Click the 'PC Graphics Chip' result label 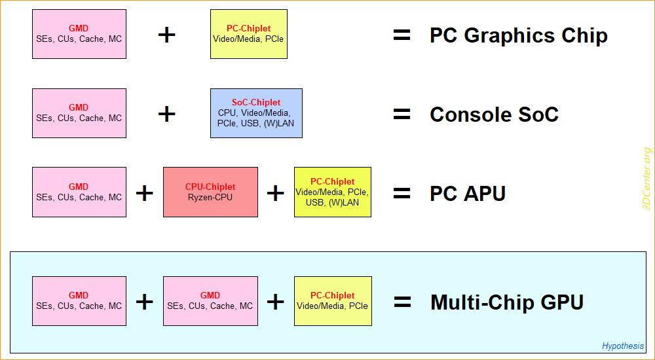[x=518, y=35]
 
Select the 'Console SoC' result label [x=494, y=115]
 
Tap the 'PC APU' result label [x=468, y=193]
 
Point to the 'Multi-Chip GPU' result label [x=506, y=302]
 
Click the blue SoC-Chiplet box [x=256, y=113]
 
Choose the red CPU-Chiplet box [x=210, y=192]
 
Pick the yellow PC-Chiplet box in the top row [x=248, y=34]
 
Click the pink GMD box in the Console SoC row [x=79, y=113]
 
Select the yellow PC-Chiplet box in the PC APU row [x=332, y=192]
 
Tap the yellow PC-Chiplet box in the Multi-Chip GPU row [x=333, y=301]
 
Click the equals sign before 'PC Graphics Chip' [x=402, y=35]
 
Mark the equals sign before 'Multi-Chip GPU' [x=402, y=302]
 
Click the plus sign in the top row [x=167, y=35]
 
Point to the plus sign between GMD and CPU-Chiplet [x=144, y=192]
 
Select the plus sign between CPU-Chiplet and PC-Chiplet [x=276, y=192]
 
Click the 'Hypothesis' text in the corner [x=623, y=346]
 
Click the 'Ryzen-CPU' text [x=210, y=197]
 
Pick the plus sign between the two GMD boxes [x=144, y=302]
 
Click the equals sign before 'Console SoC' [x=402, y=115]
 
